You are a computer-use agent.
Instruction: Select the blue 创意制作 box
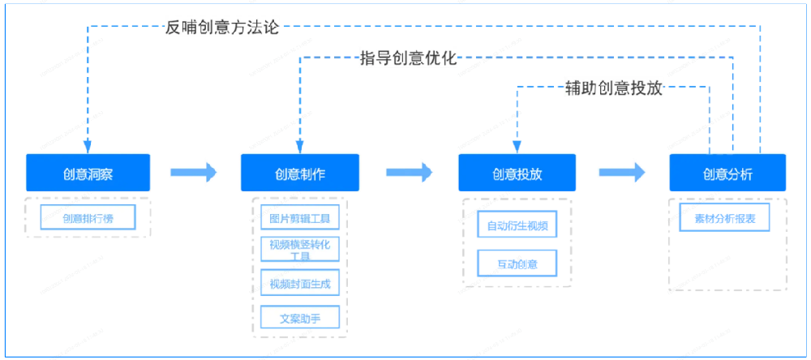pyautogui.click(x=300, y=173)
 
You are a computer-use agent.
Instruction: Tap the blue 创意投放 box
pyautogui.click(x=517, y=173)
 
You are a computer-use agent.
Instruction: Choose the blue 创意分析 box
pyautogui.click(x=727, y=173)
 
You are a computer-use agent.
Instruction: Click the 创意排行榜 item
pyautogui.click(x=88, y=217)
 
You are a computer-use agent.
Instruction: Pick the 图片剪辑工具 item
pyautogui.click(x=300, y=219)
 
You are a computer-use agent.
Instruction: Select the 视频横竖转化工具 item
pyautogui.click(x=300, y=249)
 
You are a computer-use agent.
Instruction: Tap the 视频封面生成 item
pyautogui.click(x=300, y=284)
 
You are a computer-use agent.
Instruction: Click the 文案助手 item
pyautogui.click(x=300, y=317)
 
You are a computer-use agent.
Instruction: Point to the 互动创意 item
pyautogui.click(x=517, y=264)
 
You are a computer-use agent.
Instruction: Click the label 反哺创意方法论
pyautogui.click(x=221, y=27)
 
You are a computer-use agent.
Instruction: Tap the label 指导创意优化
pyautogui.click(x=409, y=58)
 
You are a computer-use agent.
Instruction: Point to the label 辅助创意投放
pyautogui.click(x=614, y=88)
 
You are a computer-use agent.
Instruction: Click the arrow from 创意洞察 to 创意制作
pyautogui.click(x=194, y=172)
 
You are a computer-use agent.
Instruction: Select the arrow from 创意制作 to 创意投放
pyautogui.click(x=410, y=172)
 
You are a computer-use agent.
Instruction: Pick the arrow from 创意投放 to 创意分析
pyautogui.click(x=622, y=172)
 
